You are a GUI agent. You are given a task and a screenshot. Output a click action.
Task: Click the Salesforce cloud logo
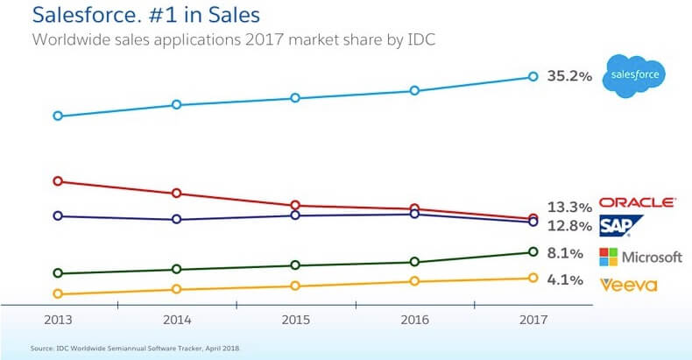coord(636,74)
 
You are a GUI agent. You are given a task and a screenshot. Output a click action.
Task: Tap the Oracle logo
coord(637,202)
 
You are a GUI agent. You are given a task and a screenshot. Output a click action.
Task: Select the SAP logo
coord(621,226)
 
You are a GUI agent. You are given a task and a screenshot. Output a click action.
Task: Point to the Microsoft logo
coord(640,257)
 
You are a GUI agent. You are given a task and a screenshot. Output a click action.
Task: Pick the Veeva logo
coord(628,284)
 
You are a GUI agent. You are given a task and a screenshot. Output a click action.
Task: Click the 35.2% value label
coord(568,77)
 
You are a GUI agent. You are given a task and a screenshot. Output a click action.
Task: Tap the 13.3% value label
coord(569,208)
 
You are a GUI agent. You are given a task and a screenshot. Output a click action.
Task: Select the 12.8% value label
coord(569,226)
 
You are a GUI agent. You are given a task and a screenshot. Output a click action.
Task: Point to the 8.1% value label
coord(565,254)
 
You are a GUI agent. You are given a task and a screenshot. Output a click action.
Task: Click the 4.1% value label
coord(565,281)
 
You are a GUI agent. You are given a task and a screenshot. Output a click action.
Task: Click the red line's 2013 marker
coord(58,181)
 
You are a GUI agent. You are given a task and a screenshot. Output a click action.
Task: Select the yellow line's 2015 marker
coord(295,286)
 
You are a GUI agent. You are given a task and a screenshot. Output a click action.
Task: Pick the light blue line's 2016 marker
coord(414,90)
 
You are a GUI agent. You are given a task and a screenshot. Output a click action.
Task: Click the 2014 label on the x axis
coord(177,321)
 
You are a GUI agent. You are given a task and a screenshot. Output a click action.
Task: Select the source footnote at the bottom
coord(135,349)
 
